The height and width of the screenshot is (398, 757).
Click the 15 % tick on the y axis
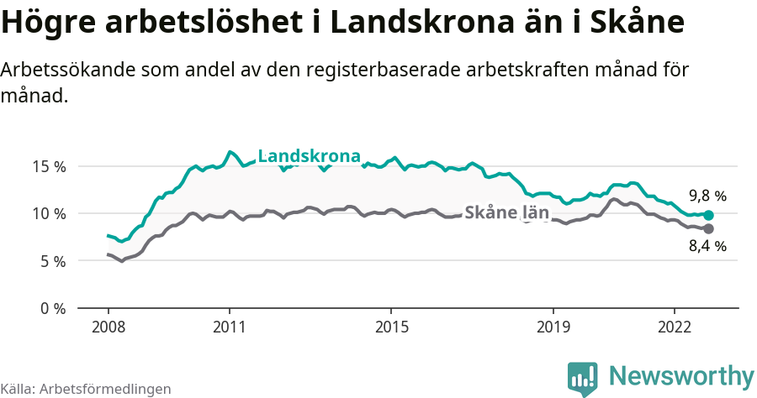pyautogui.click(x=50, y=166)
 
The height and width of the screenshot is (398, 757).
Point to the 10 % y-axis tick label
pyautogui.click(x=50, y=213)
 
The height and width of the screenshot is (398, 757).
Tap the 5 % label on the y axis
pyautogui.click(x=53, y=261)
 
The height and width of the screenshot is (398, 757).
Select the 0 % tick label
pyautogui.click(x=53, y=308)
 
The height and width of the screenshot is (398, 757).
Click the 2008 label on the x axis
pyautogui.click(x=109, y=326)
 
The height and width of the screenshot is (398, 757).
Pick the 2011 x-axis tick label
pyautogui.click(x=230, y=326)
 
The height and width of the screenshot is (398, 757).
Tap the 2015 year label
pyautogui.click(x=391, y=326)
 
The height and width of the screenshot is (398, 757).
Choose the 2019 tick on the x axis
pyautogui.click(x=553, y=326)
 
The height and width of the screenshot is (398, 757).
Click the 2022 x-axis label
pyautogui.click(x=674, y=326)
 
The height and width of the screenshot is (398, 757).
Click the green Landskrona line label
pyautogui.click(x=309, y=156)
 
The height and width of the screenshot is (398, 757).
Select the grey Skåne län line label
pyautogui.click(x=506, y=213)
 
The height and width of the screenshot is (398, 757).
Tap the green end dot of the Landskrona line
pyautogui.click(x=708, y=216)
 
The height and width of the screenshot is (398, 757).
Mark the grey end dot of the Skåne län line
pyautogui.click(x=708, y=228)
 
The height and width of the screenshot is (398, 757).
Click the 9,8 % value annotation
pyautogui.click(x=707, y=196)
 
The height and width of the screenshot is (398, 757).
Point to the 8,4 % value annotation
pyautogui.click(x=707, y=247)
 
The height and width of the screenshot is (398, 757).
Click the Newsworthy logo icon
pyautogui.click(x=583, y=378)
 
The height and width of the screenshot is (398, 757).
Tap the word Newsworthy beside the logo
pyautogui.click(x=680, y=376)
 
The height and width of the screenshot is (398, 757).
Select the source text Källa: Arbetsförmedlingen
pyautogui.click(x=86, y=389)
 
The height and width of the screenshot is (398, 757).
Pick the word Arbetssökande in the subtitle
pyautogui.click(x=57, y=71)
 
